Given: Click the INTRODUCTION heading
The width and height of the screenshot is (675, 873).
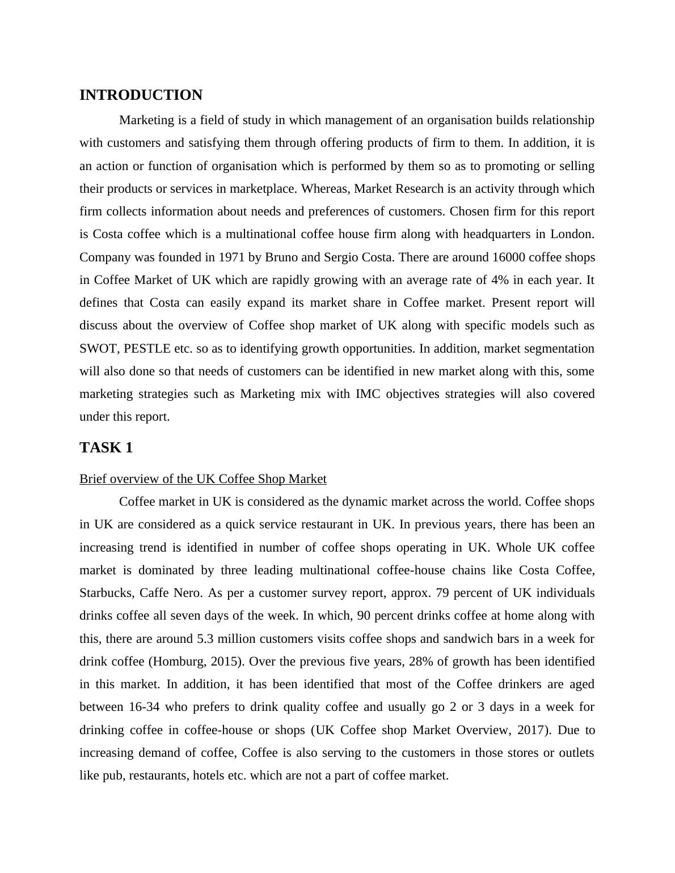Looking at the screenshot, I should (141, 95).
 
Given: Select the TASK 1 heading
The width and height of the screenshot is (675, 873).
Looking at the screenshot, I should (106, 448).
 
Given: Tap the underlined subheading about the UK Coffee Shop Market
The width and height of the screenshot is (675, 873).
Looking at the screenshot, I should (202, 479).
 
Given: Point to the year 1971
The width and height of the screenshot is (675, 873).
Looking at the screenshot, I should (233, 257).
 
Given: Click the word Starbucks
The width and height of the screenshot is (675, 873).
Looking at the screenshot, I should (106, 593).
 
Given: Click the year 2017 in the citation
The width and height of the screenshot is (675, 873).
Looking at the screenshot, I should (530, 730).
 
